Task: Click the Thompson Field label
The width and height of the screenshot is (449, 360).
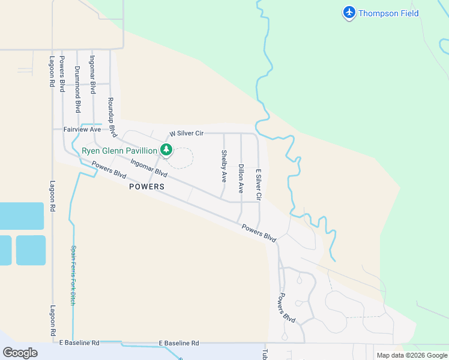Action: coord(388,13)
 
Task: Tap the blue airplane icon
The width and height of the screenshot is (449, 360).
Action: coord(349,13)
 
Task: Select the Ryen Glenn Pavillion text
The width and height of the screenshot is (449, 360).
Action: coord(119,150)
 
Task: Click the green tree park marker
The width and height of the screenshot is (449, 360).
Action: coord(166,150)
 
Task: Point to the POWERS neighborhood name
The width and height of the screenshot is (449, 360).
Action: coord(146,187)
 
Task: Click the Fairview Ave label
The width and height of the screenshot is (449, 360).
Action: coord(82,129)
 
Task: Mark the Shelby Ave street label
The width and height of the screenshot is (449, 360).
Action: coord(224,166)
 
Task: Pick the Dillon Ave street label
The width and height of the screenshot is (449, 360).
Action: coord(241,179)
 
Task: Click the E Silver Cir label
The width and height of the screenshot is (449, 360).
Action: coord(259,184)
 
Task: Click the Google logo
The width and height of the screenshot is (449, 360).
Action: coord(20,352)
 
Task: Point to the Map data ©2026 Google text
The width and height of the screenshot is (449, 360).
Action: coord(412,355)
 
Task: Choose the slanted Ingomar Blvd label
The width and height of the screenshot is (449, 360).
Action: coord(148,167)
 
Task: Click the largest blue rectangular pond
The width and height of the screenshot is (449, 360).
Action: coord(22,216)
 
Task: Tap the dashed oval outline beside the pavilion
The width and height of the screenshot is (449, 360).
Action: coord(180,158)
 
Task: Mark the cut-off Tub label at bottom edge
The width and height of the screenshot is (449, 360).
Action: coord(264,354)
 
